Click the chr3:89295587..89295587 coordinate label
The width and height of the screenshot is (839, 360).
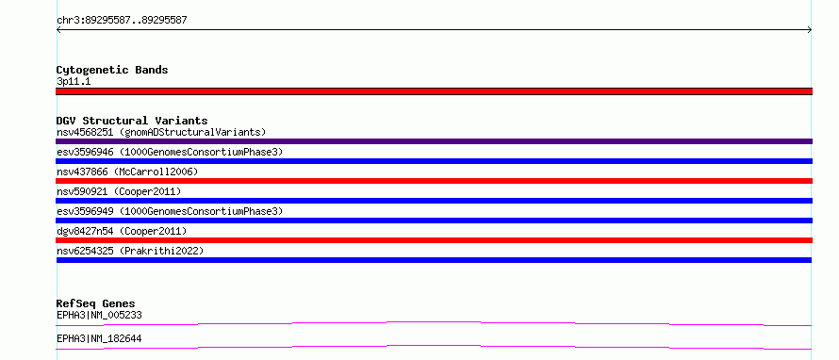point(122,21)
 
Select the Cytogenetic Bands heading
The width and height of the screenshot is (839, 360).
point(112,70)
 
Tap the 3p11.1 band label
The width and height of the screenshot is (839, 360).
point(74,81)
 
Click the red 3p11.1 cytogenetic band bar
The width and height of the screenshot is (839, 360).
point(434,91)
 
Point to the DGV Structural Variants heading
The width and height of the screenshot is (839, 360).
point(132,121)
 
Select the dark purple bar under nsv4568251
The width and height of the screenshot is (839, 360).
point(434,141)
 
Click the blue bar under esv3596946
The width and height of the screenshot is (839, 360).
point(434,161)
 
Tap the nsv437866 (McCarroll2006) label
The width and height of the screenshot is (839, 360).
point(127,172)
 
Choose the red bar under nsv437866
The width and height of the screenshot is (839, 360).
point(434,181)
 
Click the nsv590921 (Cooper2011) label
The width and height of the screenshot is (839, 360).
point(119,191)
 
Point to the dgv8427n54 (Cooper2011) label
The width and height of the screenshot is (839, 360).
point(122,231)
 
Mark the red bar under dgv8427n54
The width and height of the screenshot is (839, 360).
point(434,240)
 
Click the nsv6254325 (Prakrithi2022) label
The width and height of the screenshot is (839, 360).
point(130,251)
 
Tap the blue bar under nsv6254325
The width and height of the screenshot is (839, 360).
point(434,260)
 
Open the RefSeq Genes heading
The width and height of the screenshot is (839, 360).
point(96,303)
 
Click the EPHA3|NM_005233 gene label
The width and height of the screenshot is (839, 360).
point(99,315)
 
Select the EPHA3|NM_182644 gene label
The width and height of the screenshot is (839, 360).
point(99,338)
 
